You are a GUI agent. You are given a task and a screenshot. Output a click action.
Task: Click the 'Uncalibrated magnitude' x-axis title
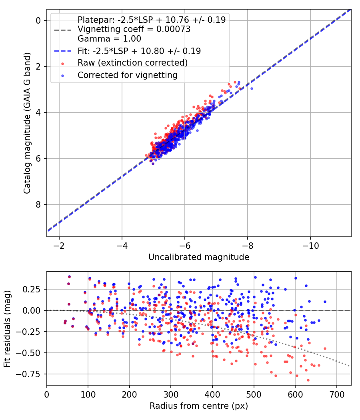coord(199,257)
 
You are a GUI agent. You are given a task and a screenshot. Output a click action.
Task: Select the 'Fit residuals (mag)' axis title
coord(7,328)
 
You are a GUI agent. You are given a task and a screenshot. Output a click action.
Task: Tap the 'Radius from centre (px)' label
coord(199,406)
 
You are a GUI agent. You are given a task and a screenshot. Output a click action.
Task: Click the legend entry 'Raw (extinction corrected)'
coord(132,63)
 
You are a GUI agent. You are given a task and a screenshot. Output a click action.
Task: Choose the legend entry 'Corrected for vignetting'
coord(128,75)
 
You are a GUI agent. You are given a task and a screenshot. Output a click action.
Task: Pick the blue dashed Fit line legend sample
coord(63,51)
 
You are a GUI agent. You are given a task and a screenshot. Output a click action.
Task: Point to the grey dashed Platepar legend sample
coord(63,30)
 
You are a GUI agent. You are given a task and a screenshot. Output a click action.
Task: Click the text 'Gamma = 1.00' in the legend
coord(109,39)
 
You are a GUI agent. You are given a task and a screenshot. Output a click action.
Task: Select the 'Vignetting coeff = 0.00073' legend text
coord(134,29)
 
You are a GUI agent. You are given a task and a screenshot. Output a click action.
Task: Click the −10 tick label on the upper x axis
coord(310,246)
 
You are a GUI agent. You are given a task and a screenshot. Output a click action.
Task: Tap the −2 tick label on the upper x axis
coord(59,246)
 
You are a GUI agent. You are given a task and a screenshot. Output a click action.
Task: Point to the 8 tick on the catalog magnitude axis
coord(38,204)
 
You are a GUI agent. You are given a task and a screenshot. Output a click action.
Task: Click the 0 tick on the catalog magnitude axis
coord(38,20)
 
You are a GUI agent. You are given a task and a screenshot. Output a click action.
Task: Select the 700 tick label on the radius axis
coord(336,394)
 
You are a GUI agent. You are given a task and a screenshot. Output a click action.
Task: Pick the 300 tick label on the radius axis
coord(171,394)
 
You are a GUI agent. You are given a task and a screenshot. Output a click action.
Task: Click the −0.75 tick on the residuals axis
coord(29,374)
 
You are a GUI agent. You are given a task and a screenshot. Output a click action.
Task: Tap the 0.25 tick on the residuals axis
coord(32,289)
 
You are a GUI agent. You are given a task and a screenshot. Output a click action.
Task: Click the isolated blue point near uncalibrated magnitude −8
coord(252,89)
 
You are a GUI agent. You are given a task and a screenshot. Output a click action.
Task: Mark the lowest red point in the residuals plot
coord(308,380)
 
